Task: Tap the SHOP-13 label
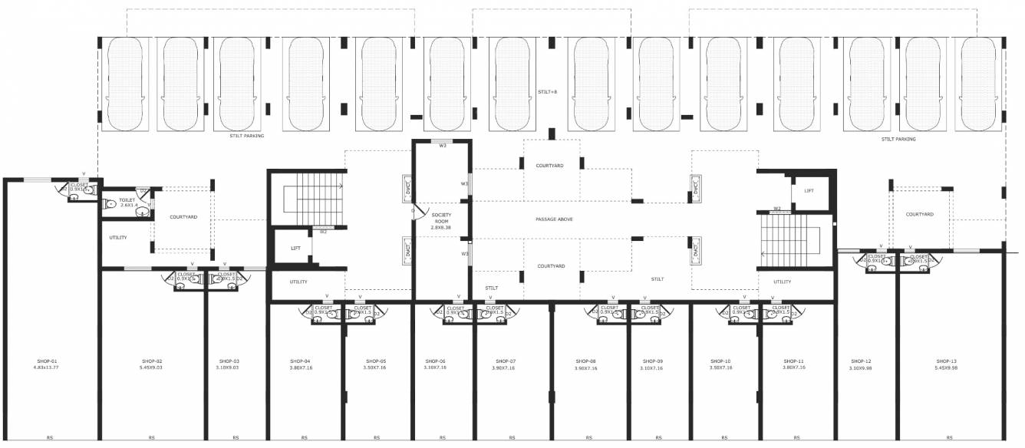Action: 947,361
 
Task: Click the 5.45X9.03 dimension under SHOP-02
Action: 152,368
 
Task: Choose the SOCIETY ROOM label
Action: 441,218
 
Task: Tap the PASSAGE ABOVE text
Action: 554,219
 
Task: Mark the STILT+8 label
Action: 547,92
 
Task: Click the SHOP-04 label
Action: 300,361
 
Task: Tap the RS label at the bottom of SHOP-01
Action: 49,437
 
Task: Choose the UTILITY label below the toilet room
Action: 117,237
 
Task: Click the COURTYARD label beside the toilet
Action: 183,217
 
